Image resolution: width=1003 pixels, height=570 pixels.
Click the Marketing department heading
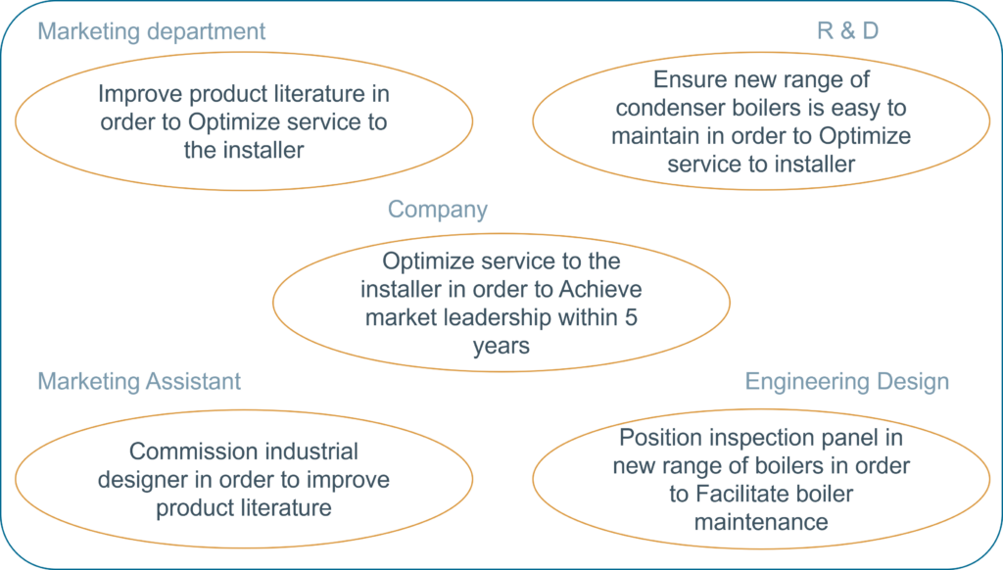[151, 31]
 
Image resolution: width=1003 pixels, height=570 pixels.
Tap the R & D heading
[847, 30]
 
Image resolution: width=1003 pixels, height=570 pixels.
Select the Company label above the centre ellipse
[438, 210]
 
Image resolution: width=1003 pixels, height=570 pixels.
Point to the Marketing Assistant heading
[139, 381]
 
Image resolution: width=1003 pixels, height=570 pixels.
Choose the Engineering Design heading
[847, 381]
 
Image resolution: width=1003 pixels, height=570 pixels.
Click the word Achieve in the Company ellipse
[600, 289]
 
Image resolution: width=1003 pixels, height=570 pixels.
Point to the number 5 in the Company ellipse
[632, 317]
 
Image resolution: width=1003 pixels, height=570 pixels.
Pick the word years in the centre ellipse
[501, 346]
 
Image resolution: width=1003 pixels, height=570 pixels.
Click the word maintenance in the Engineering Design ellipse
[761, 522]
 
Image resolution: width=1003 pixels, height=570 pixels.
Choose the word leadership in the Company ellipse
[497, 318]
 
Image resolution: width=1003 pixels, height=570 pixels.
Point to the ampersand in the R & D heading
[847, 30]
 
